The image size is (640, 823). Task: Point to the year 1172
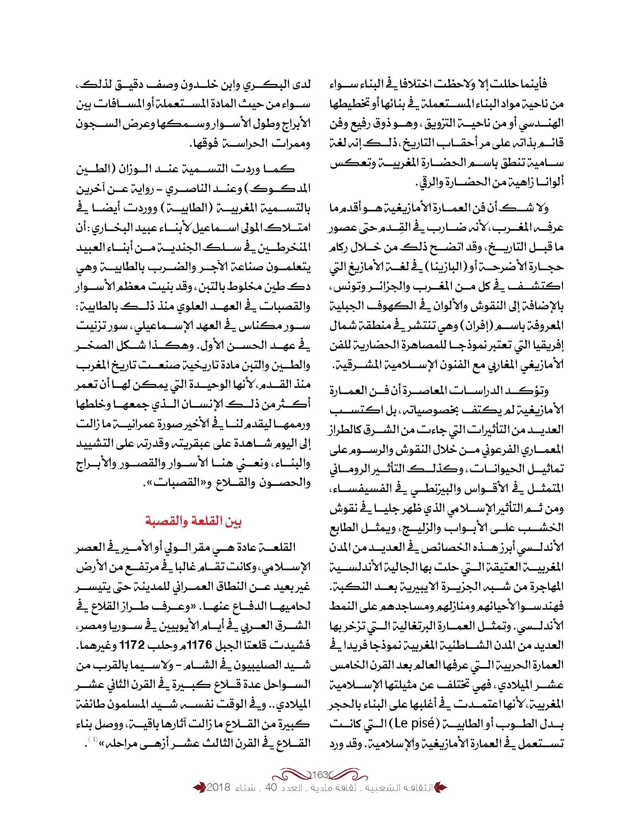tap(133, 645)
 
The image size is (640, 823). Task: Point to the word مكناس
tap(270, 326)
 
